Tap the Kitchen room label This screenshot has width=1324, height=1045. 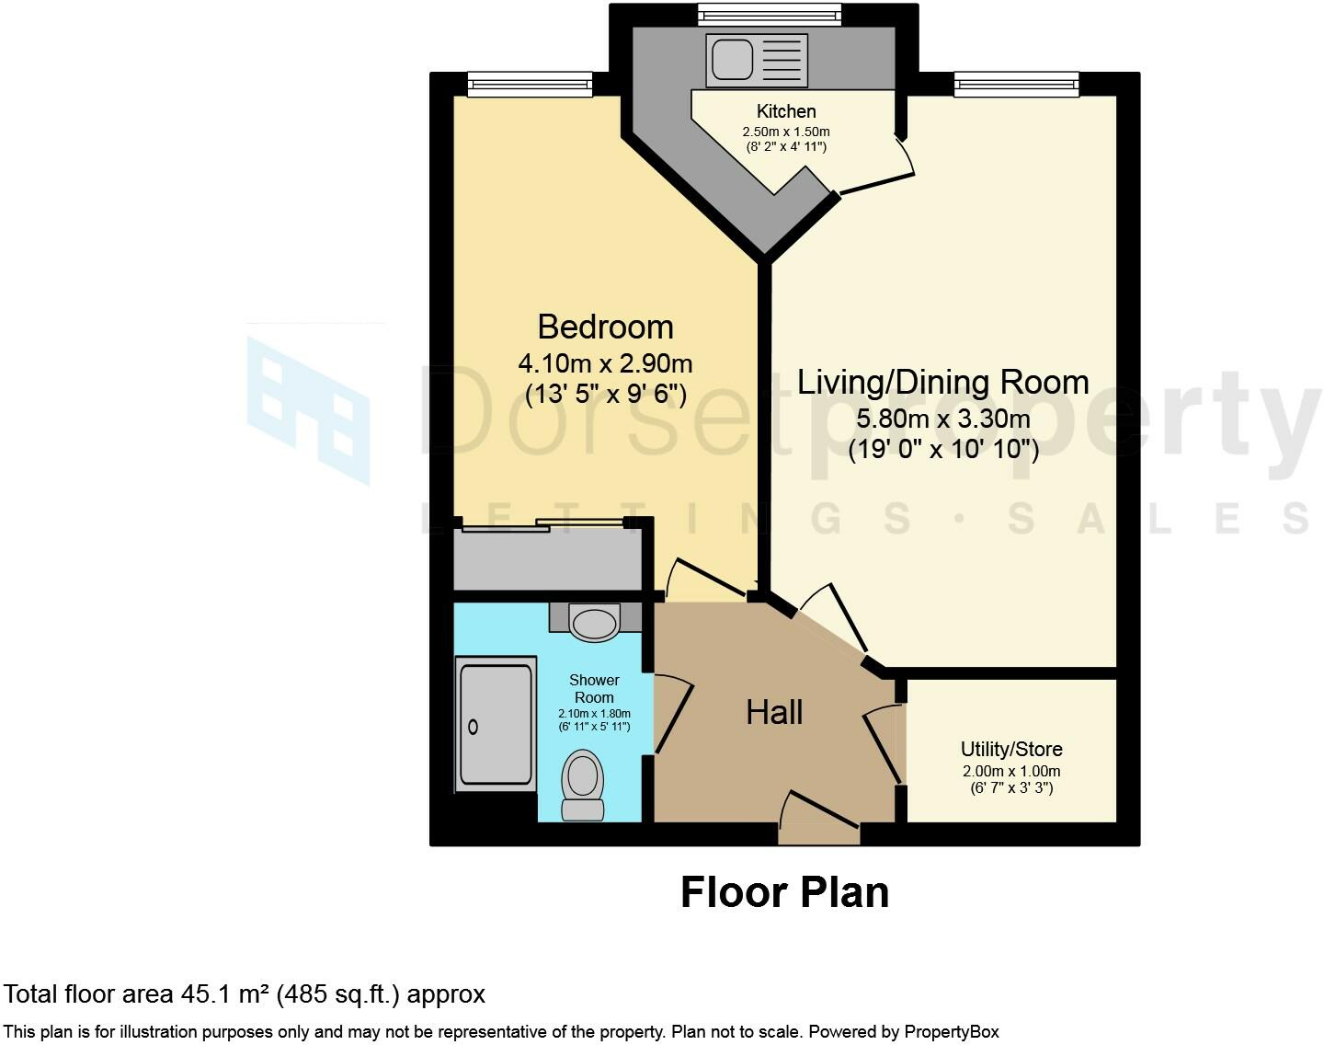(786, 111)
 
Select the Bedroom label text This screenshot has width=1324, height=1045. (605, 327)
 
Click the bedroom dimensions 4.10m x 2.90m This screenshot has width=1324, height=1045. (605, 362)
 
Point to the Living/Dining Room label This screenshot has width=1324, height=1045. (942, 382)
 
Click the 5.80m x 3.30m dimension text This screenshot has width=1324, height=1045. (942, 419)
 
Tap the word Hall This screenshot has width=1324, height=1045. (774, 712)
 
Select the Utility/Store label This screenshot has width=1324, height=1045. (1011, 749)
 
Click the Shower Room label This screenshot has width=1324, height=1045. (594, 688)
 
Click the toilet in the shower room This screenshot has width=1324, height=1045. (582, 784)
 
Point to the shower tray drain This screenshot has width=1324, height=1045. (474, 727)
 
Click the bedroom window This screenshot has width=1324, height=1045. (530, 86)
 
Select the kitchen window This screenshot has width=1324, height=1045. (769, 15)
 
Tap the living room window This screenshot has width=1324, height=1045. (1016, 86)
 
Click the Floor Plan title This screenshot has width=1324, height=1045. (784, 892)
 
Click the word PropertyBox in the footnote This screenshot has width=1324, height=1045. (949, 1031)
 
